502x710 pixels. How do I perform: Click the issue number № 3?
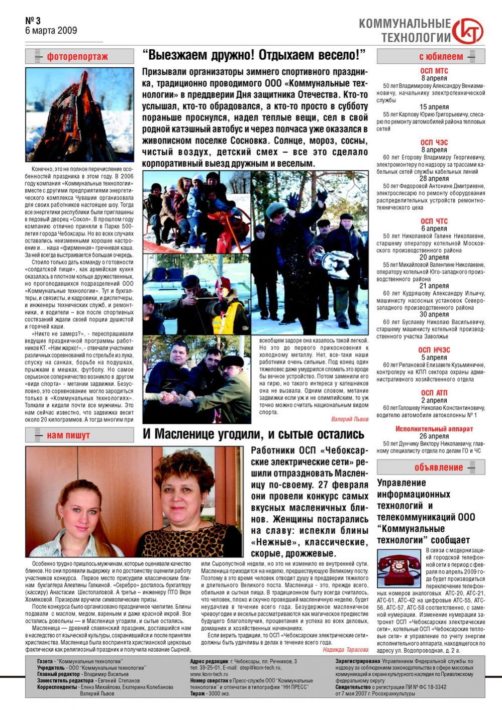[33, 21]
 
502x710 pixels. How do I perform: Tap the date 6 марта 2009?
[51, 31]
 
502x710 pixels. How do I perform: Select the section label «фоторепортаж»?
[77, 57]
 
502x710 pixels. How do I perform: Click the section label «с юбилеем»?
[441, 57]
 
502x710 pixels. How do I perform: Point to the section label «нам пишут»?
[68, 435]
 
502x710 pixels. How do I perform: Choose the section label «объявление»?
[439, 467]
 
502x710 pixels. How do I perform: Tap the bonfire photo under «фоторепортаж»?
[79, 114]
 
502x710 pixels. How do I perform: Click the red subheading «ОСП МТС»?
[434, 71]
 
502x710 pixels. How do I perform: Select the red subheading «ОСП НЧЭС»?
[434, 350]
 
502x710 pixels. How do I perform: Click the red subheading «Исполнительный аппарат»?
[434, 429]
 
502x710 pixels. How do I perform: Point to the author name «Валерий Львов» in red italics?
[350, 419]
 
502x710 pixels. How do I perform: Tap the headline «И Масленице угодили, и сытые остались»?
[253, 434]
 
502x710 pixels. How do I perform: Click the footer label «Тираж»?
[197, 693]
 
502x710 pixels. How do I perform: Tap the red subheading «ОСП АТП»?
[434, 393]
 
